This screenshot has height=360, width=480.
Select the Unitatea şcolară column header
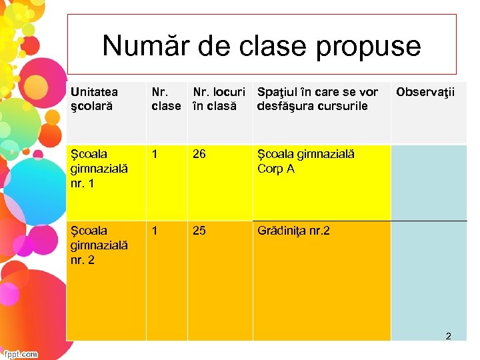click(x=94, y=99)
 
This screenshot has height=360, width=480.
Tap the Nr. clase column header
click(x=166, y=99)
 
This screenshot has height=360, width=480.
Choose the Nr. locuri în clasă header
click(x=219, y=99)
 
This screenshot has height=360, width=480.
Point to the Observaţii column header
click(x=425, y=92)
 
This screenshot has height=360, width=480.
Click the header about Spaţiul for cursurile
click(x=317, y=99)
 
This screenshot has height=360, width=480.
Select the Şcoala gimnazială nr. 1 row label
click(x=92, y=169)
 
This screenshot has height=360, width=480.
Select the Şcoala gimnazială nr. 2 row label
click(x=92, y=245)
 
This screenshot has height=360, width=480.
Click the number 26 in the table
click(x=199, y=155)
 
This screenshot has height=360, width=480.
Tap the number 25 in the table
click(x=199, y=231)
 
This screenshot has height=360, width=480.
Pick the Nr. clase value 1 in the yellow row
click(x=155, y=155)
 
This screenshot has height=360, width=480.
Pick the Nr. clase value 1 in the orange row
click(x=155, y=231)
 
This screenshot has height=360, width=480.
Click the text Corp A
click(x=276, y=169)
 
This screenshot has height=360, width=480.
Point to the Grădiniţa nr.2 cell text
click(x=293, y=231)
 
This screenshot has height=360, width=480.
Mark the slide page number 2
click(x=448, y=336)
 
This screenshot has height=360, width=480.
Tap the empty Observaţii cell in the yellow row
click(x=429, y=182)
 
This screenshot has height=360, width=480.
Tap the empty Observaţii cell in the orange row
click(x=429, y=280)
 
